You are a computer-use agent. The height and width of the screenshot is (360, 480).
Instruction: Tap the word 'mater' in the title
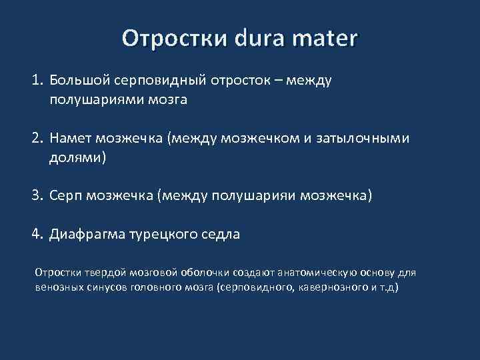tap(329, 38)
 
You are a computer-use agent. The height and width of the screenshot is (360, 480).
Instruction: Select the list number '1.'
tap(37, 81)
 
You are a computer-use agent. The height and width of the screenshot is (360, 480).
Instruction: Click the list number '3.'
tap(37, 196)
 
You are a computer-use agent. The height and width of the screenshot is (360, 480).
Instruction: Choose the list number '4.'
tap(37, 235)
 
